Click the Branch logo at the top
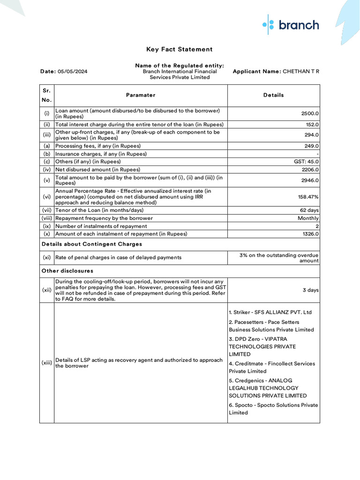(291, 25)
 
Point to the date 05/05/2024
(72, 72)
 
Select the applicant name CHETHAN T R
(300, 72)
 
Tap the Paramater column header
(141, 95)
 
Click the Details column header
(273, 95)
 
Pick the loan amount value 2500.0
(310, 113)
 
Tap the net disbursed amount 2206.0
(310, 170)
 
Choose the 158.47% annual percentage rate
(307, 197)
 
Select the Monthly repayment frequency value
(308, 218)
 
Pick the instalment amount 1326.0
(310, 234)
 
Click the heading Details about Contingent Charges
(92, 244)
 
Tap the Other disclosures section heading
(67, 271)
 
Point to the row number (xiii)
(47, 363)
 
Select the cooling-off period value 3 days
(311, 290)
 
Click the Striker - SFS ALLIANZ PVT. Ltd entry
(270, 312)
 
